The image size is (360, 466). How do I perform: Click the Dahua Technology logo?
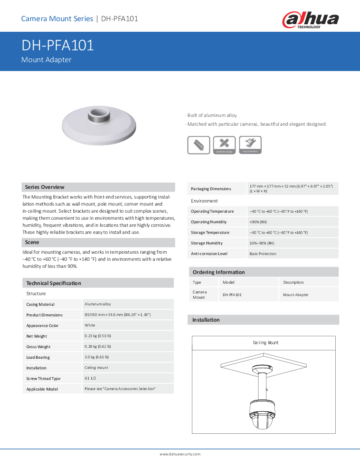click(310, 20)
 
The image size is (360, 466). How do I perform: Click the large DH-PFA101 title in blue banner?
click(58, 45)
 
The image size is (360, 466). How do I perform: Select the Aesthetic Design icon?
click(224, 145)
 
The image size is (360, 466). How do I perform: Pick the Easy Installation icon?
click(250, 145)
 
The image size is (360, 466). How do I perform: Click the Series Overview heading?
click(45, 187)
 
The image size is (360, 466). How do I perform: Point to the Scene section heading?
click(32, 242)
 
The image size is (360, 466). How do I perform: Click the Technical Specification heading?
click(54, 283)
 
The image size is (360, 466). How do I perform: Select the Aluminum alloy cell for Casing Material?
click(98, 304)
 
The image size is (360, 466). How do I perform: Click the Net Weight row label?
click(37, 336)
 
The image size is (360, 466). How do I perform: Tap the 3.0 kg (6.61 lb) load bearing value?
click(97, 357)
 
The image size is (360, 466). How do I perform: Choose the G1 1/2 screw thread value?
click(91, 378)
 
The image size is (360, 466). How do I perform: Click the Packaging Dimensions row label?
click(211, 189)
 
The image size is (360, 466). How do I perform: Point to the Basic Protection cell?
click(263, 254)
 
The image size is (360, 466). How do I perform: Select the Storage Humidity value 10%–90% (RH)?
click(262, 243)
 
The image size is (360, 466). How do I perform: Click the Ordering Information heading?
click(218, 272)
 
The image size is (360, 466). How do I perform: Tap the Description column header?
click(293, 282)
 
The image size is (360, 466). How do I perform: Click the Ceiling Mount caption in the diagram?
click(266, 343)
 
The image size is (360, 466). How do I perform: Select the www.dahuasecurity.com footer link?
click(180, 454)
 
